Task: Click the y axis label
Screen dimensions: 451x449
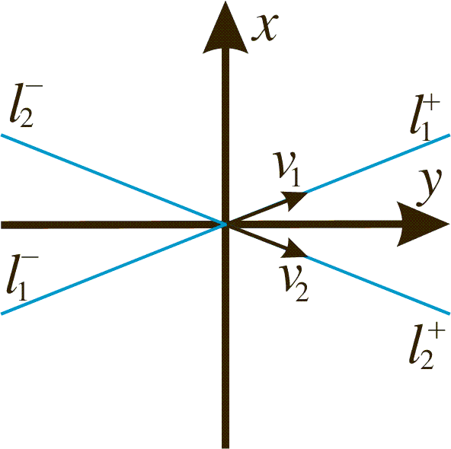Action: pyautogui.click(x=429, y=187)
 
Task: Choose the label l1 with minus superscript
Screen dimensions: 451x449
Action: pyautogui.click(x=22, y=278)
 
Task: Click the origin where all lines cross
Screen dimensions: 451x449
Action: pyautogui.click(x=225, y=224)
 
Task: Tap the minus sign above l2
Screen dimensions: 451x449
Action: pyautogui.click(x=37, y=85)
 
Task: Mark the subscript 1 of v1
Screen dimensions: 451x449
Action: pyautogui.click(x=295, y=177)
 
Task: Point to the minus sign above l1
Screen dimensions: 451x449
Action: pyautogui.click(x=32, y=256)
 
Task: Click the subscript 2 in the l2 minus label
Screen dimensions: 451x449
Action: pyautogui.click(x=27, y=118)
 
